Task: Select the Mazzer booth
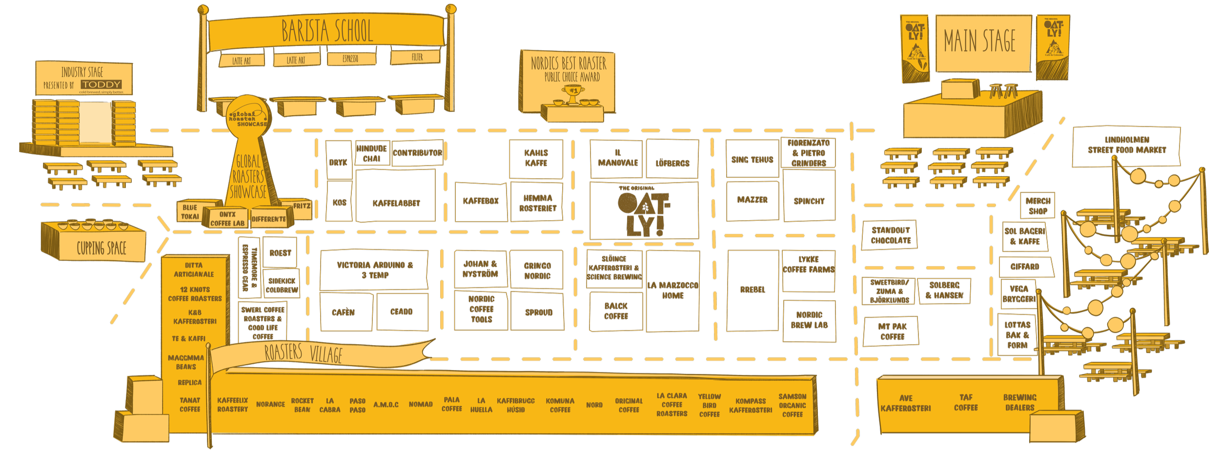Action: tap(752, 201)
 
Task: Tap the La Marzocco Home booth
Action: tap(672, 291)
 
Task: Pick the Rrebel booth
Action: tap(752, 290)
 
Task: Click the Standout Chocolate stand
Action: tap(891, 235)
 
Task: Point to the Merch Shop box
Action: tap(1037, 206)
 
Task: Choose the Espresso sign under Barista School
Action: tap(350, 59)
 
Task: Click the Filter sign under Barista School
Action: tap(416, 57)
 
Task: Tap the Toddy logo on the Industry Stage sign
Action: tap(101, 84)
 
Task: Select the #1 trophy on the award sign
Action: tap(573, 92)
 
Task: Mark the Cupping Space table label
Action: tap(101, 248)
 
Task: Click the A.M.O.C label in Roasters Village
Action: tap(386, 405)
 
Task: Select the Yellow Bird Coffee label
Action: tap(709, 405)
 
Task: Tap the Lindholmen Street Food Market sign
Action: tap(1126, 145)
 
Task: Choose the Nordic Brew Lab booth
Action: tap(809, 320)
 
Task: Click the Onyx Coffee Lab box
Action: tap(227, 219)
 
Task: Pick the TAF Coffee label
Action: tap(966, 403)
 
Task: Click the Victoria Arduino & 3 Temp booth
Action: tap(374, 270)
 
